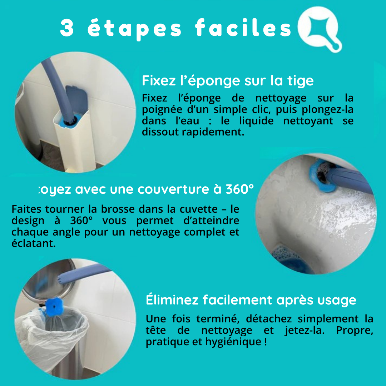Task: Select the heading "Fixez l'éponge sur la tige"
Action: click(x=228, y=80)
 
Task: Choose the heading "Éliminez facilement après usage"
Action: click(x=251, y=300)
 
